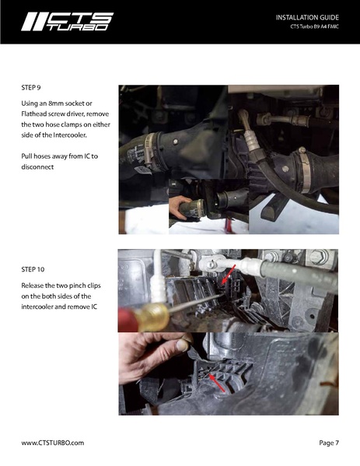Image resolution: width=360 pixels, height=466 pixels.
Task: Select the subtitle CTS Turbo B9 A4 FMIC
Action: tap(313, 30)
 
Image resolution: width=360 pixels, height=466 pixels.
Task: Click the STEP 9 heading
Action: tap(33, 89)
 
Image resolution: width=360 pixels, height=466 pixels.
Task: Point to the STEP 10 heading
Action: tap(34, 269)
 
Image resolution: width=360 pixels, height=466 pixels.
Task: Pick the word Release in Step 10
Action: tap(35, 286)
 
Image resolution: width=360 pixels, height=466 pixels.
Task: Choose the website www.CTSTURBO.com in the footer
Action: tap(52, 442)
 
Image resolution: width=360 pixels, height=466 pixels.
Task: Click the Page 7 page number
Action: tap(329, 442)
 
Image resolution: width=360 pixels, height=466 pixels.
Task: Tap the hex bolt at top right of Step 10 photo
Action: tap(316, 258)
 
